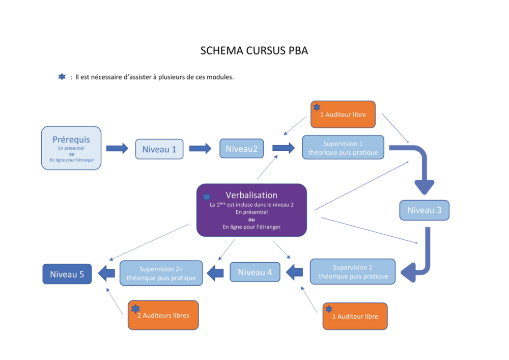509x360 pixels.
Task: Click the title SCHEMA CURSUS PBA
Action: coord(254,51)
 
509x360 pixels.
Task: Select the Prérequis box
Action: coord(71,148)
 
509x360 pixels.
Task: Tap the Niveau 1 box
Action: coord(159,149)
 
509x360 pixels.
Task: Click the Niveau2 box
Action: coord(242,149)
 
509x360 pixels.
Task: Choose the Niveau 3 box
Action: coord(424,210)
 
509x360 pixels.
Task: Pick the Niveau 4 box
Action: coord(254,272)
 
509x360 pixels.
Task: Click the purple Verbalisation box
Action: coord(251,210)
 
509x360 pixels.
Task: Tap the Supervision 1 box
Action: coord(343,148)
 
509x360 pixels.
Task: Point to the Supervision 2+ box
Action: coord(161,273)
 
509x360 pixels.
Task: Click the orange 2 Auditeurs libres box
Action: coord(163,315)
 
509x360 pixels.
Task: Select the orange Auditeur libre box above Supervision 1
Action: coord(343,115)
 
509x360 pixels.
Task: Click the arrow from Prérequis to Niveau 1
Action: coord(117,149)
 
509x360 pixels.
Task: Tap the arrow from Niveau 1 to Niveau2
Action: coord(200,149)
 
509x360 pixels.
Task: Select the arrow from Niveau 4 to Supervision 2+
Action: coord(216,273)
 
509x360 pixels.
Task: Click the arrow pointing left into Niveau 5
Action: coord(106,273)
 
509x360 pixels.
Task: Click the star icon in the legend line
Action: coord(62,77)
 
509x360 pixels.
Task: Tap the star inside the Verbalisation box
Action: coord(207,197)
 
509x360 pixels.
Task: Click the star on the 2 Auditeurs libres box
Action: coord(135,309)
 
